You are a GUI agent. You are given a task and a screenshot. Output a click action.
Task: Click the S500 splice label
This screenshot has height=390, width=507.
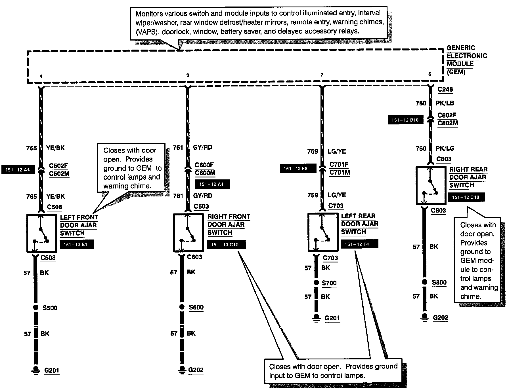[x=50, y=308]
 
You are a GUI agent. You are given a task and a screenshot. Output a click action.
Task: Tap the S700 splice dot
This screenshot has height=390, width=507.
[x=316, y=283]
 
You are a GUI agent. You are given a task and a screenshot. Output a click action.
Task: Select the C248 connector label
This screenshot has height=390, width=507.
[x=445, y=90]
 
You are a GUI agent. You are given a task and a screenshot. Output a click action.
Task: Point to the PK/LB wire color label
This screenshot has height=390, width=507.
[x=445, y=103]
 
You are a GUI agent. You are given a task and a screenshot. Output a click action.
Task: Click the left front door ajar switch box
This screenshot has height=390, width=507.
[x=41, y=233]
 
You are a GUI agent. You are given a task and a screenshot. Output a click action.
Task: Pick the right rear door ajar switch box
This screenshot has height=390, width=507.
[x=431, y=185]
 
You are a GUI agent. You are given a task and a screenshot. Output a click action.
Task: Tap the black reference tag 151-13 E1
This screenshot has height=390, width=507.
[x=77, y=245]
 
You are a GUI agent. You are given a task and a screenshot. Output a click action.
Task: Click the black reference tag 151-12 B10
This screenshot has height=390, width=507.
[x=405, y=120]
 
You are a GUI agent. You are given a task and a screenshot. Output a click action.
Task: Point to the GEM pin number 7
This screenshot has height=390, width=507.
[x=322, y=75]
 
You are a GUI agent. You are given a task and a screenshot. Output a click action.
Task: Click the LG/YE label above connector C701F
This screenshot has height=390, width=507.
[x=337, y=151]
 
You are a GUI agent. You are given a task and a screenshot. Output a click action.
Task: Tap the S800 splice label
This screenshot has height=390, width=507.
[x=439, y=282]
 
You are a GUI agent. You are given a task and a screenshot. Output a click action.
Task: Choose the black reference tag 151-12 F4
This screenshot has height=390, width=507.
[x=359, y=244]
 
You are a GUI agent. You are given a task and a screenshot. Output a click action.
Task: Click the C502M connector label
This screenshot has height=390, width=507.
[x=59, y=173]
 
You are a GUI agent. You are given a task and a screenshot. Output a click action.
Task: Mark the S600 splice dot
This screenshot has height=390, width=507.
[x=182, y=307]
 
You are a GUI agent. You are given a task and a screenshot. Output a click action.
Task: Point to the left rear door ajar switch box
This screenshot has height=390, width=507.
[x=323, y=232]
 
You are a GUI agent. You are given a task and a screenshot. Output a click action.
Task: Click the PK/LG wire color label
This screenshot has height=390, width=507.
[x=445, y=148]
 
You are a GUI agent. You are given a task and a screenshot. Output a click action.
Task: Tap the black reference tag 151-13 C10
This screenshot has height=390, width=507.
[x=226, y=245]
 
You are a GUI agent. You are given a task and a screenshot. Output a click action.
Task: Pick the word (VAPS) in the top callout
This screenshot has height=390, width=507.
[x=147, y=32]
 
